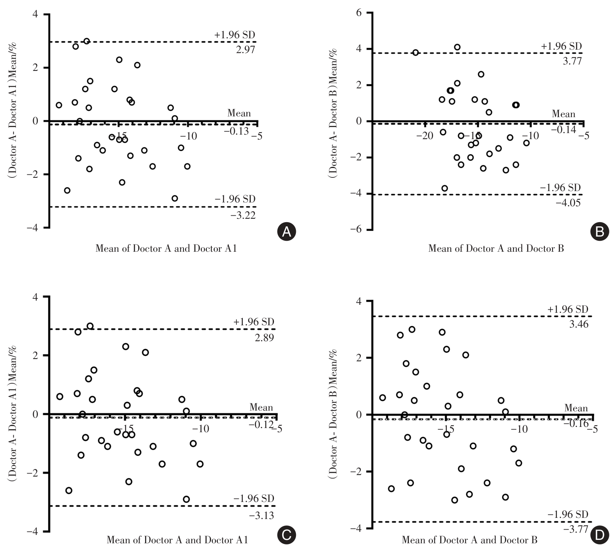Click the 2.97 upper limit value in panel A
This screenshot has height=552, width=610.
[x=246, y=50]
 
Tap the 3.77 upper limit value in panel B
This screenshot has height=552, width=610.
[x=572, y=61]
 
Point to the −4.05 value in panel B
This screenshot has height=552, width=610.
[x=568, y=203]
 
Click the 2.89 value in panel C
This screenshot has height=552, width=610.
[x=264, y=338]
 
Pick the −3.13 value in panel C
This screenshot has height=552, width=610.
[x=261, y=515]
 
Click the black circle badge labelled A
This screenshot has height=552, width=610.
[x=286, y=231]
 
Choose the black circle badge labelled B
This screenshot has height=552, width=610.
[x=600, y=231]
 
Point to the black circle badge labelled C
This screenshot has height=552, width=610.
[x=286, y=535]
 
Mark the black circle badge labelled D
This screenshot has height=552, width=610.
[x=600, y=535]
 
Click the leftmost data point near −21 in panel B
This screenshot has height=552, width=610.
[x=415, y=53]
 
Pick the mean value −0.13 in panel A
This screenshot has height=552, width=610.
[x=236, y=131]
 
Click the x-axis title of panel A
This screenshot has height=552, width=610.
[x=166, y=249]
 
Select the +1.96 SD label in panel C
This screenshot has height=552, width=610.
[x=253, y=322]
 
